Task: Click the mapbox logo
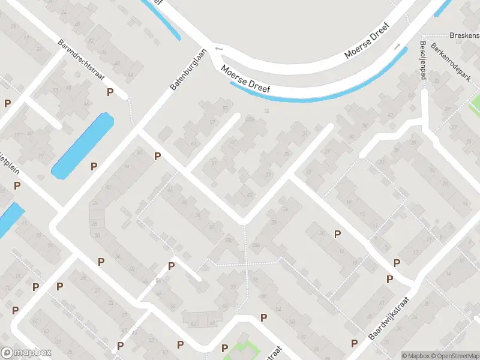[x=26, y=353]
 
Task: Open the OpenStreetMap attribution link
[x=457, y=356]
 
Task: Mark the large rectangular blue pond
[x=83, y=146]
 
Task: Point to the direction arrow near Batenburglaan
[x=218, y=49]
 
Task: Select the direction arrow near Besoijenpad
[x=397, y=46]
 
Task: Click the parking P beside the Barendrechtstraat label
[x=110, y=92]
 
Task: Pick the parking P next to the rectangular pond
[x=94, y=166]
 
